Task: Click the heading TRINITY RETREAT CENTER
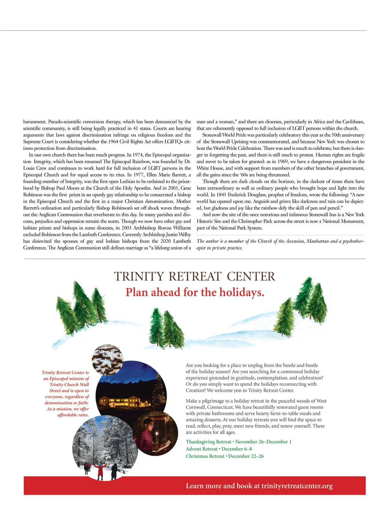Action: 194,277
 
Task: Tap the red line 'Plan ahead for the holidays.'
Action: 195,292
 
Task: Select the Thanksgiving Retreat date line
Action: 238,442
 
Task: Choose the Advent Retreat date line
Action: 219,449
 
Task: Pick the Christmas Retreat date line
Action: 225,456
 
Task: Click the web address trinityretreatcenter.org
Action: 297,486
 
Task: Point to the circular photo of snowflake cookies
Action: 107,358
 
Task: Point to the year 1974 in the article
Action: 137,155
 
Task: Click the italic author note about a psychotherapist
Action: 280,244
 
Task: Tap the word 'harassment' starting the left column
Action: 35,122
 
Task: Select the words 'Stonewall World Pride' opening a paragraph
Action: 224,135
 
